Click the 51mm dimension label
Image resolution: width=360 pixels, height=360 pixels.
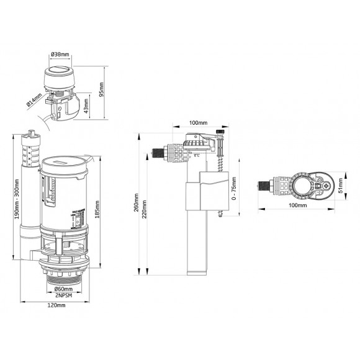pos(341,185)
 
